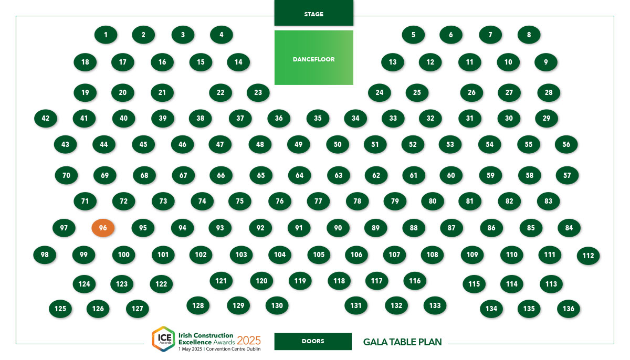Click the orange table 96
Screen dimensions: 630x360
click(x=103, y=228)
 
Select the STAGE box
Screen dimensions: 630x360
click(x=313, y=13)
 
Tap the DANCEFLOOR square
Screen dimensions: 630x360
click(x=313, y=58)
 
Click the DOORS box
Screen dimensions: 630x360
click(x=313, y=341)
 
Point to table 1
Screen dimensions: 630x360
click(x=106, y=35)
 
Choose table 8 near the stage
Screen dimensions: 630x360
click(x=529, y=35)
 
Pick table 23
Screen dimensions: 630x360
click(x=258, y=92)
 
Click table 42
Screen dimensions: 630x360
click(x=46, y=118)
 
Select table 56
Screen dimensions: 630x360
click(x=566, y=144)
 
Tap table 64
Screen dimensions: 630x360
click(x=300, y=175)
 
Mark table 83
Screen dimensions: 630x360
click(x=548, y=201)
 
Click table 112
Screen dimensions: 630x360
click(x=588, y=256)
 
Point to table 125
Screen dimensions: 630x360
click(x=60, y=309)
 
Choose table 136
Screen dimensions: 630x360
click(x=569, y=309)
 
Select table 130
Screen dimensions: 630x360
click(x=277, y=305)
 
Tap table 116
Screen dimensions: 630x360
click(x=415, y=281)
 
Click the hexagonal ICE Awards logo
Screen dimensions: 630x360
click(x=164, y=339)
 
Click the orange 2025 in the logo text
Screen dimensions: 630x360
click(x=249, y=341)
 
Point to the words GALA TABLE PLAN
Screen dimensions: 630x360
click(x=403, y=342)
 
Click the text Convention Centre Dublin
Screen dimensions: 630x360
click(x=234, y=349)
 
